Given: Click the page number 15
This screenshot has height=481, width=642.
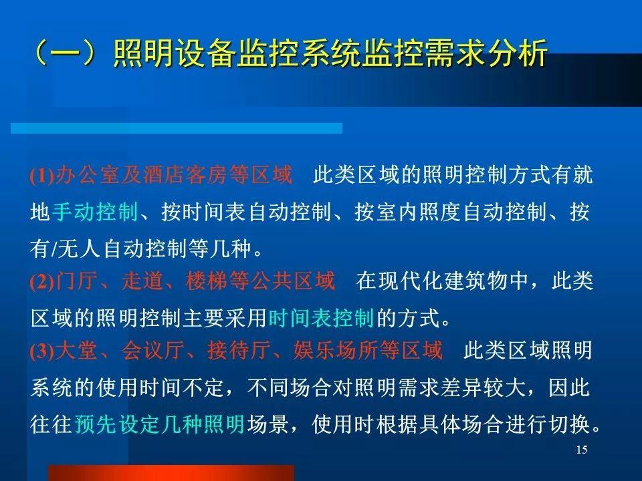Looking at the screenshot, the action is pos(582,450).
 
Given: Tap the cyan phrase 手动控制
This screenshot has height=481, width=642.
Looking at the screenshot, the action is pos(94,212).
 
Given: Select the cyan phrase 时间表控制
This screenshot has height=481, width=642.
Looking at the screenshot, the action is pos(321,318).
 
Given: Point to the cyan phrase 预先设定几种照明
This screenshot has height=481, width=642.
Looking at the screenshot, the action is pos(160,424).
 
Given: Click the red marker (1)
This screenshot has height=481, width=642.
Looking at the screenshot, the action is pos(42,176).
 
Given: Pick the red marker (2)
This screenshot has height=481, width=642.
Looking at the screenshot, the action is pos(42,281).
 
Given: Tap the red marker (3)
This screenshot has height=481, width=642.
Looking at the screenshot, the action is pos(42,351).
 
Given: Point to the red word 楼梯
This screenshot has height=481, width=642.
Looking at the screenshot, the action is pos(207,281).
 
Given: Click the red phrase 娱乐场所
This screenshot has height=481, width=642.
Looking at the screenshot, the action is pos(336,351).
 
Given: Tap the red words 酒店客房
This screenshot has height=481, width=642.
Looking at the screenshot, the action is pos(185,174).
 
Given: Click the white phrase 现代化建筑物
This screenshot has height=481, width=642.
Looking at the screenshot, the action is pos(441,281).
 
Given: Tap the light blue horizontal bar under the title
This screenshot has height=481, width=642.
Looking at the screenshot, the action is pos(177,128).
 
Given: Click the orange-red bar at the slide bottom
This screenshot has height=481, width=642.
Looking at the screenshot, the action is pos(171,473).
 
